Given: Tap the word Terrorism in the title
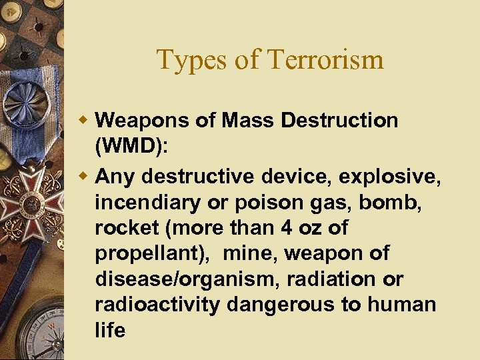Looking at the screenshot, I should [x=325, y=59].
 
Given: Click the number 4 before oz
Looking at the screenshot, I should [x=286, y=228].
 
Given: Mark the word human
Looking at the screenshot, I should [x=403, y=305].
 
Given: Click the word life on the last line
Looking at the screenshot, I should [x=110, y=330].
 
